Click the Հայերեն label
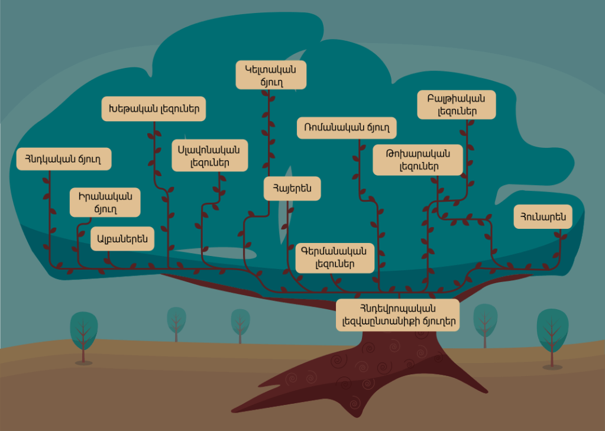pyautogui.click(x=292, y=189)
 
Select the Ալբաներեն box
pyautogui.click(x=122, y=239)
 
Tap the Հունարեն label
pyautogui.click(x=543, y=216)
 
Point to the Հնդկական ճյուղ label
pyautogui.click(x=63, y=158)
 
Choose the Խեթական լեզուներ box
pyautogui.click(x=153, y=109)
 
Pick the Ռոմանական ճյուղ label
pyautogui.click(x=346, y=128)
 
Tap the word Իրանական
pyautogui.click(x=105, y=196)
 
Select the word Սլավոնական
pyautogui.click(x=209, y=149)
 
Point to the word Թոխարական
pyautogui.click(x=418, y=154)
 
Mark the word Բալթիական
pyautogui.click(x=456, y=98)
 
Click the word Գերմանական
pyautogui.click(x=335, y=251)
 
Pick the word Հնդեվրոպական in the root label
pyautogui.click(x=397, y=308)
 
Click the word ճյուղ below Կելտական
pyautogui.click(x=271, y=82)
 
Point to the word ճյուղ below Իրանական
pyautogui.click(x=105, y=209)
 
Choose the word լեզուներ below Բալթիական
pyautogui.click(x=457, y=111)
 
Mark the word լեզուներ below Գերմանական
pyautogui.click(x=335, y=264)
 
